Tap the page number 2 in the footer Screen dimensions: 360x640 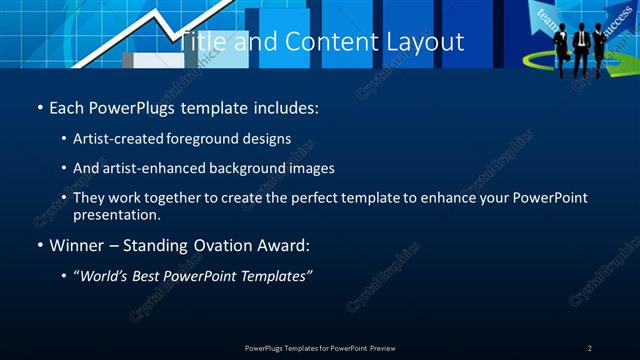pyautogui.click(x=589, y=348)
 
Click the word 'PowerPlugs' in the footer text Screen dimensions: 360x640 pyautogui.click(x=267, y=348)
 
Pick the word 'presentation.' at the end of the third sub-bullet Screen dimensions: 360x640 pyautogui.click(x=117, y=214)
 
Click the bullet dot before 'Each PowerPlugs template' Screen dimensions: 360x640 pyautogui.click(x=40, y=107)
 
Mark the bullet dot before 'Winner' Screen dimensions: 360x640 pyautogui.click(x=40, y=246)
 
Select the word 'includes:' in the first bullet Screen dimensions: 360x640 pyautogui.click(x=289, y=106)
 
